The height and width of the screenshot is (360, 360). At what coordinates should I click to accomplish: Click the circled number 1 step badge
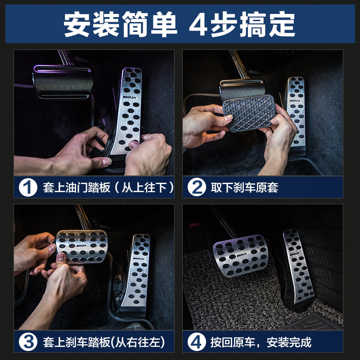pos(28,187)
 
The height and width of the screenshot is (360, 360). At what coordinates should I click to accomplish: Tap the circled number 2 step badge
pos(197,187)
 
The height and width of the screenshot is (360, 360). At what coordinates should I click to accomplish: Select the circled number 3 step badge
pos(28,342)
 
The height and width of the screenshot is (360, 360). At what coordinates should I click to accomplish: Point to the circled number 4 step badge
pos(197,342)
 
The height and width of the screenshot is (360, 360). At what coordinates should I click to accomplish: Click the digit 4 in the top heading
pos(198,24)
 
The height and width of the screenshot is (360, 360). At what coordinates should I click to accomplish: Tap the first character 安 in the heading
pos(76,24)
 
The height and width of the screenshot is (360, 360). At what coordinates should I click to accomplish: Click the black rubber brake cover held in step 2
pos(249,113)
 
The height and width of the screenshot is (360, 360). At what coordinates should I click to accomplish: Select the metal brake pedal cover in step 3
pos(81,247)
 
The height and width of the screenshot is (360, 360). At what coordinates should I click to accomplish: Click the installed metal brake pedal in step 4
pos(241,255)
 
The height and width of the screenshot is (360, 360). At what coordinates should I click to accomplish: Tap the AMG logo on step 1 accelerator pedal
pos(129,97)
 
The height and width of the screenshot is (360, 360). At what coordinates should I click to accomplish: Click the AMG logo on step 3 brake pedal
pos(81,245)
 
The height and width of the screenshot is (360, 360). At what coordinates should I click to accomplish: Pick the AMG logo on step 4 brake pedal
pos(242,255)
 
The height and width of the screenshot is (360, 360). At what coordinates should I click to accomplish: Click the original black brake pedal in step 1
pos(63,82)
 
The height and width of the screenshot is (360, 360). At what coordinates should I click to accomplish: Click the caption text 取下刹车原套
pos(244,188)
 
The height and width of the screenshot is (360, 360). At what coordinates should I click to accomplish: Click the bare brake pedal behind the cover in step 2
pos(242,87)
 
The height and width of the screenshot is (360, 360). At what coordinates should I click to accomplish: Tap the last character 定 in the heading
pos(282,24)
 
